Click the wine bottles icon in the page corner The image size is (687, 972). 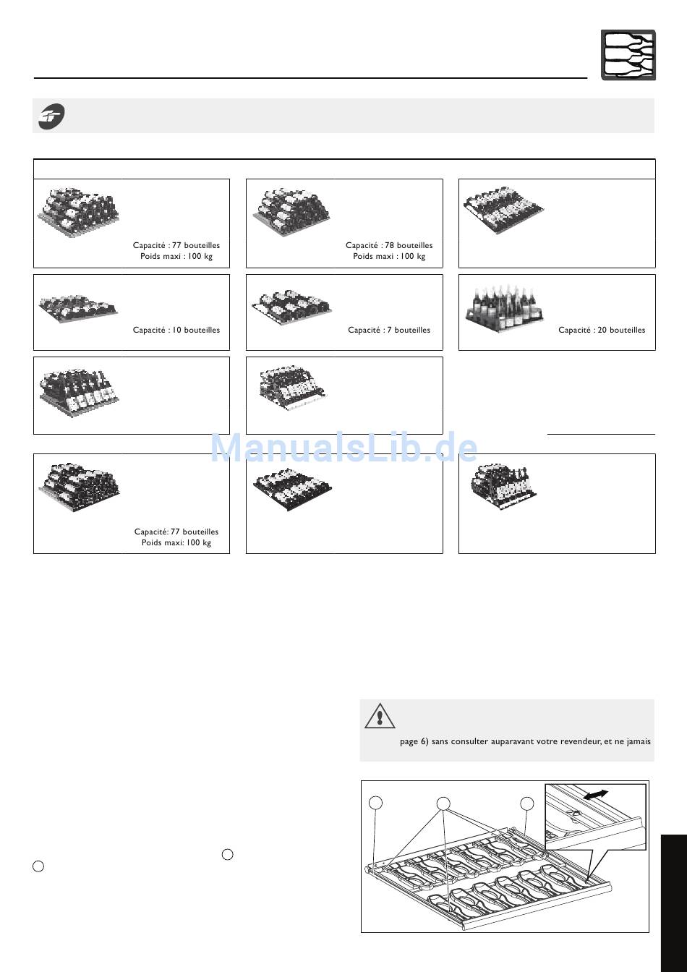tap(628, 55)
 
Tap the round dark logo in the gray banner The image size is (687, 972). tap(51, 116)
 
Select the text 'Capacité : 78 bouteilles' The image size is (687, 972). tap(389, 245)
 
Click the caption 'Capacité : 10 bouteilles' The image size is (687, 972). tap(176, 330)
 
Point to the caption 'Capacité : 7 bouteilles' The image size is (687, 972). tap(389, 330)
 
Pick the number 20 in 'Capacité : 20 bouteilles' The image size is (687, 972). tap(602, 330)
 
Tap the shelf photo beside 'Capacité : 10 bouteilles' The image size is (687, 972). tap(78, 307)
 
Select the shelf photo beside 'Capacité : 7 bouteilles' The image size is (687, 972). tap(291, 307)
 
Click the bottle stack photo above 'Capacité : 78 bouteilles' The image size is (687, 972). tap(291, 212)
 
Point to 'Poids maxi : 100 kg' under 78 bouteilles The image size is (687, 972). tap(389, 256)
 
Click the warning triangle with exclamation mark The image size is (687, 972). tap(380, 716)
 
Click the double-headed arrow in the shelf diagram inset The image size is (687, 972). tap(595, 794)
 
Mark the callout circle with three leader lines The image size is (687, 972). tap(443, 803)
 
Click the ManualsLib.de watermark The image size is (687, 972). tap(343, 448)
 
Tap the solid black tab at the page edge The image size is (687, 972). tap(673, 903)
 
